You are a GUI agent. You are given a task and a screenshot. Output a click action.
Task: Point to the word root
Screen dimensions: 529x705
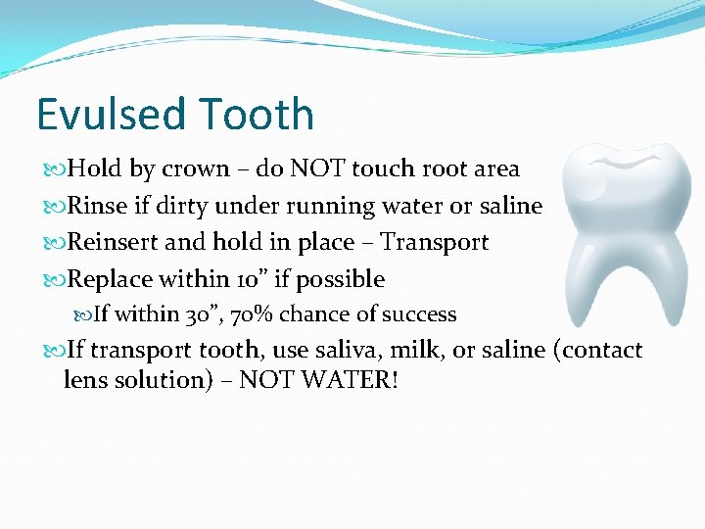pyautogui.click(x=444, y=169)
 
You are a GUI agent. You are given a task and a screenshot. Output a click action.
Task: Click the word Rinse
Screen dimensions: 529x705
pyautogui.click(x=98, y=206)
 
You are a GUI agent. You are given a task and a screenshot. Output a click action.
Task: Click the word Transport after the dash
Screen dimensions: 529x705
pyautogui.click(x=434, y=243)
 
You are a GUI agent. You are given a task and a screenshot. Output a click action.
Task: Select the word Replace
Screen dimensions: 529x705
pyautogui.click(x=111, y=279)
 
